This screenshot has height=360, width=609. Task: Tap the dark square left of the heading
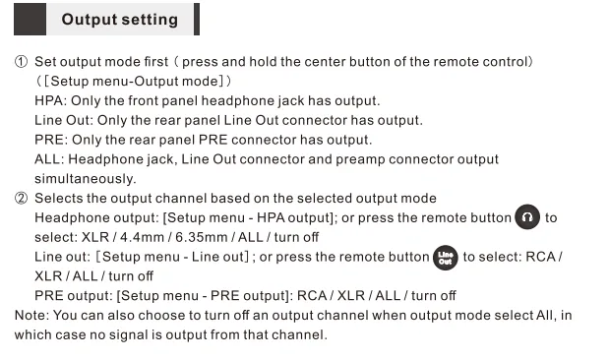[30, 19]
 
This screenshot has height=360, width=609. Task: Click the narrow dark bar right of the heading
[197, 19]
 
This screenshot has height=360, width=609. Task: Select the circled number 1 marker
[21, 62]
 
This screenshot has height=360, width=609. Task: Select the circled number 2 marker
[21, 199]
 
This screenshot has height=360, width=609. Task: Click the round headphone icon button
[527, 216]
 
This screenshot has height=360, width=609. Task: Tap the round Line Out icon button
[446, 258]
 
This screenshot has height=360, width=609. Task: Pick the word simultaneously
[85, 179]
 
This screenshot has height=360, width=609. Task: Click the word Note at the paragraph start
[31, 315]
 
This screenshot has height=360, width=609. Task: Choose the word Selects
[59, 199]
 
